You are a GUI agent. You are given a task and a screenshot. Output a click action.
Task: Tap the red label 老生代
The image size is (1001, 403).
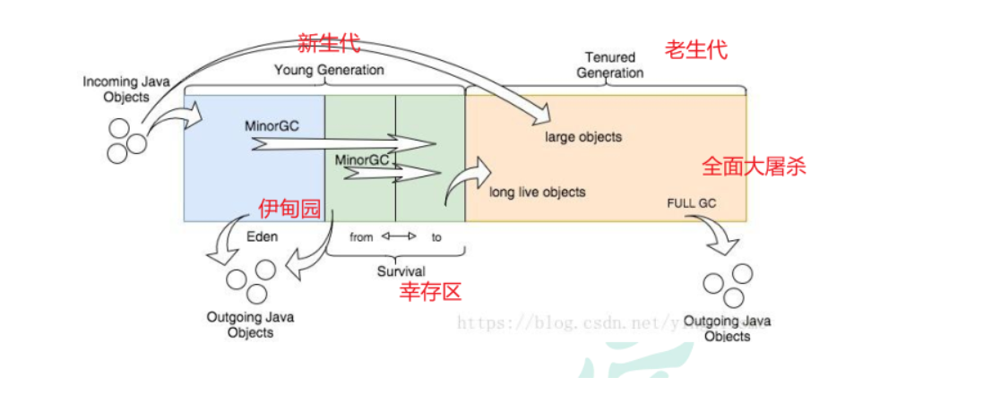695,50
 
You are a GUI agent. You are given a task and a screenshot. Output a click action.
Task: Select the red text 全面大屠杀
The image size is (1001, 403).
753,167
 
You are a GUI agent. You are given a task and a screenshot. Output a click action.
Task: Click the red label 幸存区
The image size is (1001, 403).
430,291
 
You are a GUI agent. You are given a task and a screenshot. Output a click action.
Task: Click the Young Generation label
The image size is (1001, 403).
329,70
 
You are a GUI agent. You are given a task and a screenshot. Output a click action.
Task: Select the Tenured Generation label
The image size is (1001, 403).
609,64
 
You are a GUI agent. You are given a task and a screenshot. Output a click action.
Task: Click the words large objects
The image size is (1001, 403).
583,137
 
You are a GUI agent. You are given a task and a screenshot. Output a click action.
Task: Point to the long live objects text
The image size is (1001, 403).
538,192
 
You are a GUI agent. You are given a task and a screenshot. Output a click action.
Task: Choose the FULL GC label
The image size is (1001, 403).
691,203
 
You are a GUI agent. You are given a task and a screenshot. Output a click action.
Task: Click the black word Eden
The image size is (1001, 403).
263,237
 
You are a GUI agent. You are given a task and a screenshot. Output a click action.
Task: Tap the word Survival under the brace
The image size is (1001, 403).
401,270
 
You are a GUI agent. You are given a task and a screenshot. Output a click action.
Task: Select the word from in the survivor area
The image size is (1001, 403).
361,238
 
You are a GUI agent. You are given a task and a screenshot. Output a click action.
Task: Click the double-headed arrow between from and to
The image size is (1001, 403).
400,237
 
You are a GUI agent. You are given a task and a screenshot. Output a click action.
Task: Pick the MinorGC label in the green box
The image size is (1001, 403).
361,159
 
